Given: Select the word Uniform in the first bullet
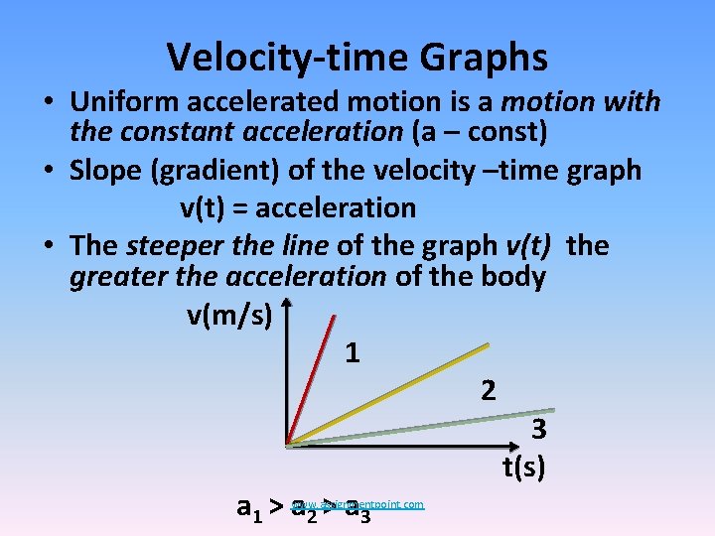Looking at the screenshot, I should click(130, 102).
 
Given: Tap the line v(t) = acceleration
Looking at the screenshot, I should click(297, 207).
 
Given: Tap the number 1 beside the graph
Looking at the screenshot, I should click(352, 352).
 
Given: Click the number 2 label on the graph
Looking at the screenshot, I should click(488, 389).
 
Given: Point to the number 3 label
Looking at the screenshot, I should click(538, 430).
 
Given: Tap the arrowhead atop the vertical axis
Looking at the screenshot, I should click(287, 302).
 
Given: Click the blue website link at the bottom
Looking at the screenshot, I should click(358, 504).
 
